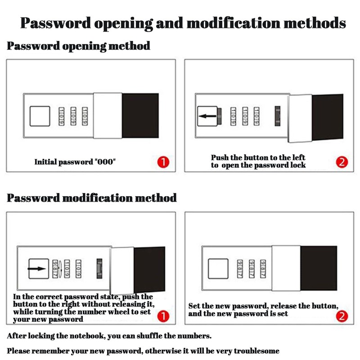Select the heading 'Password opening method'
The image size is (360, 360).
[x=78, y=46]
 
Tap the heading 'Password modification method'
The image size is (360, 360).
[x=92, y=198]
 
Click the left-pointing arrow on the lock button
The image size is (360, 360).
[x=207, y=116]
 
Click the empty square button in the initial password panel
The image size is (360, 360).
[x=39, y=116]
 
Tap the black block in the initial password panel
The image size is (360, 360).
[x=140, y=116]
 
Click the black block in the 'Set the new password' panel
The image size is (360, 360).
[x=318, y=268]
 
